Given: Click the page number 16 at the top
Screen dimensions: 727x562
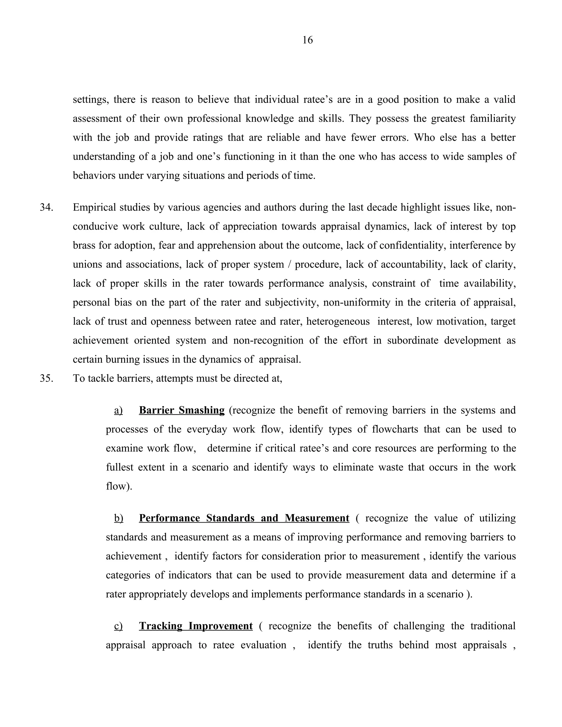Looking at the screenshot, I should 307,40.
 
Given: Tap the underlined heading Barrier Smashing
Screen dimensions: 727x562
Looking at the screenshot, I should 182,410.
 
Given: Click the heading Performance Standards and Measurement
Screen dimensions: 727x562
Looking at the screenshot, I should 244,518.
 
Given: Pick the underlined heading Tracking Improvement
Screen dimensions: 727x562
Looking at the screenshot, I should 196,626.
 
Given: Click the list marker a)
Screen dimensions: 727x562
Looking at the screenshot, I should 118,410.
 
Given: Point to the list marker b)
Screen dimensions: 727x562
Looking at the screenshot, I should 119,518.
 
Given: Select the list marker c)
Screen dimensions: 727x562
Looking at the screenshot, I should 118,626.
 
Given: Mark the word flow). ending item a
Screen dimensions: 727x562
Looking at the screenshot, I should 119,486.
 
